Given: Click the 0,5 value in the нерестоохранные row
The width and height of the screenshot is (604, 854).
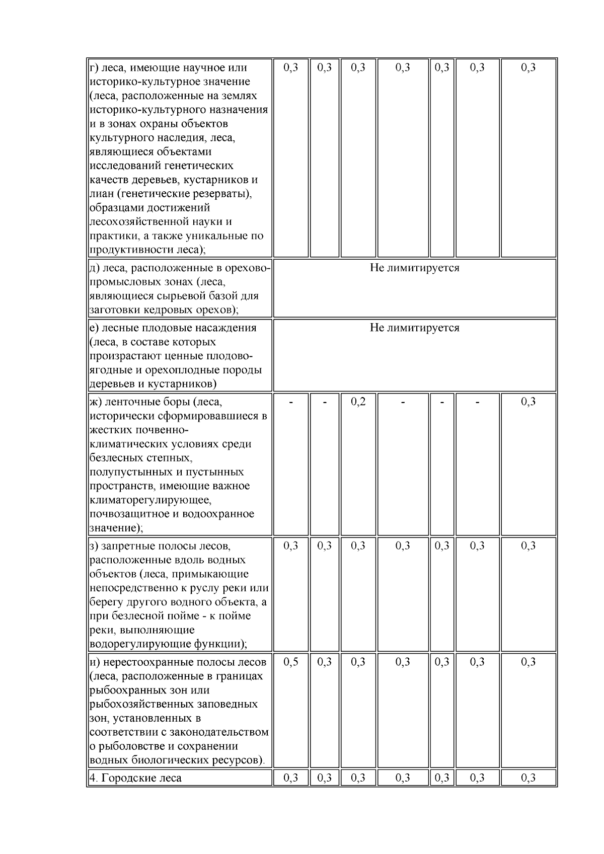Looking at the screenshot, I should [x=291, y=662].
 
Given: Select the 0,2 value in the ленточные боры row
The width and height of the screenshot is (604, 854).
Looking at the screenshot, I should [x=358, y=402].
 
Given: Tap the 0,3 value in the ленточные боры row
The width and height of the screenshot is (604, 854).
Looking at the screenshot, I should [x=528, y=402].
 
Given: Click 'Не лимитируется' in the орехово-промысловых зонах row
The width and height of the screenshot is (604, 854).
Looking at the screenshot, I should [x=414, y=268].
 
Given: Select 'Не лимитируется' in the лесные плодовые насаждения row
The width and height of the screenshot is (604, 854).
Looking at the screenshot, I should [x=414, y=328].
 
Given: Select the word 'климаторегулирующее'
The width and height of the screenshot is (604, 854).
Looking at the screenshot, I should [x=150, y=500].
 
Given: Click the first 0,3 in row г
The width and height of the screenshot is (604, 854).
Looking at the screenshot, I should [x=291, y=68].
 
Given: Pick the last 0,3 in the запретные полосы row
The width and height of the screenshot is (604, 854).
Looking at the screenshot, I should [x=528, y=546].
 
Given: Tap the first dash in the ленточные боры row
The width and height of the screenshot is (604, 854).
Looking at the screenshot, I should [x=291, y=402].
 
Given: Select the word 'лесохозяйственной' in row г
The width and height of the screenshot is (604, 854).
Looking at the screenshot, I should [x=135, y=222].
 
